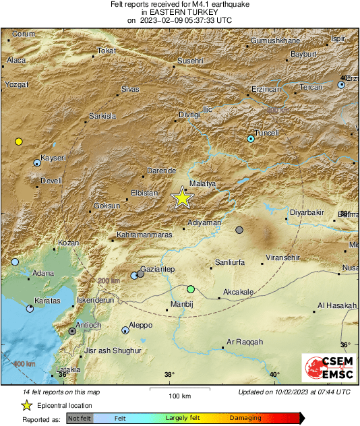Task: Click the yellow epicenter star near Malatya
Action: click(182, 198)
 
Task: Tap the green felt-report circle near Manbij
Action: click(191, 289)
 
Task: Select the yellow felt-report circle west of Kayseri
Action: click(19, 142)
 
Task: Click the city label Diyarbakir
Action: click(307, 213)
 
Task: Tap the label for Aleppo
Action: click(140, 325)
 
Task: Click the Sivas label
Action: click(129, 89)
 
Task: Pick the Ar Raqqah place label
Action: click(245, 342)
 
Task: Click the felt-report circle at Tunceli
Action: click(251, 138)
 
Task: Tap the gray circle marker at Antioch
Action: click(72, 331)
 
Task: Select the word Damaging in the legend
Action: click(245, 419)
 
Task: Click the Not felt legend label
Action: click(79, 419)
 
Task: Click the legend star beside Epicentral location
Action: click(26, 405)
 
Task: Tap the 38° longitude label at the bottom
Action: click(169, 375)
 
